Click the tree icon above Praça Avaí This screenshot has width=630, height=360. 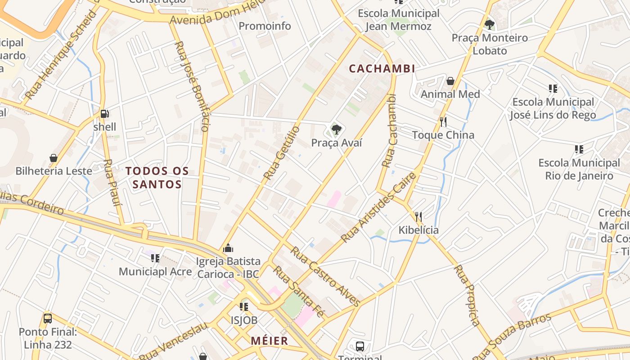tap(336, 130)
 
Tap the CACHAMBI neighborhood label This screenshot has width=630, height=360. tap(382, 69)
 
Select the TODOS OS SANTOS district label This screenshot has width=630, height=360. tap(157, 178)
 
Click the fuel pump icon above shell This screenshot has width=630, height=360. tap(104, 114)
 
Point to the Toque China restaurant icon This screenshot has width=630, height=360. tap(443, 121)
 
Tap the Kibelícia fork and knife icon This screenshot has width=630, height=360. tap(418, 217)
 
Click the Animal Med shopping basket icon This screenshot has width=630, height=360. tap(450, 81)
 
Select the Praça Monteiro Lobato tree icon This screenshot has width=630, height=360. tap(490, 24)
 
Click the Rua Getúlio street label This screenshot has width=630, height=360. tap(282, 153)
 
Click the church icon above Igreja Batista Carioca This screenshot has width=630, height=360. tap(228, 248)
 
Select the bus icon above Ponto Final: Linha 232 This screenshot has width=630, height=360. tap(48, 319)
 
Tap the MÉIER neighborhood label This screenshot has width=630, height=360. tap(270, 341)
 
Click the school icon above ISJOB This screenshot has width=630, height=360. tap(244, 307)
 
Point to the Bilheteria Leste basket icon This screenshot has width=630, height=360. tap(54, 158)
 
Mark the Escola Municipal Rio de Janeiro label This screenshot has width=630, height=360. tap(579, 169)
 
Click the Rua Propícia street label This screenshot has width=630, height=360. tap(467, 295)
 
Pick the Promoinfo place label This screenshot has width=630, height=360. tap(265, 26)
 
